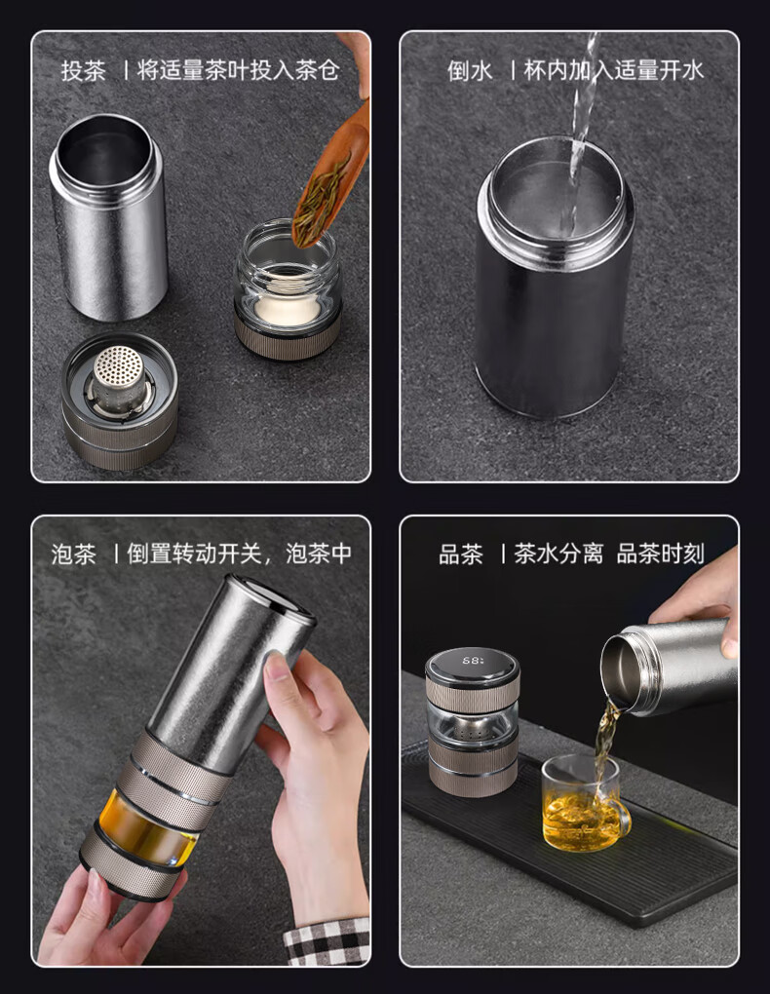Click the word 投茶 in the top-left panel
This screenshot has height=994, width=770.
coord(83,70)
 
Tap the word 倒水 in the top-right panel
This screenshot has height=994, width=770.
coord(470,70)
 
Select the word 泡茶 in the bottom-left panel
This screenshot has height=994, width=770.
coord(73,554)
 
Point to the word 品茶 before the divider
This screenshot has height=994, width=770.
coord(460,554)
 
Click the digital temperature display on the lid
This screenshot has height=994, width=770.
coord(473,661)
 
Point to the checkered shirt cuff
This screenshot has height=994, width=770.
coord(328,942)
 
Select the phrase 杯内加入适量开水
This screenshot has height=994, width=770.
coord(614,70)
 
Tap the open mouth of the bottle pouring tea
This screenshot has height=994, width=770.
coord(617,672)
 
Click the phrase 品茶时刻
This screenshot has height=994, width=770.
coord(660,554)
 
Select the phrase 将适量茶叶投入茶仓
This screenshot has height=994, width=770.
coord(239,70)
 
